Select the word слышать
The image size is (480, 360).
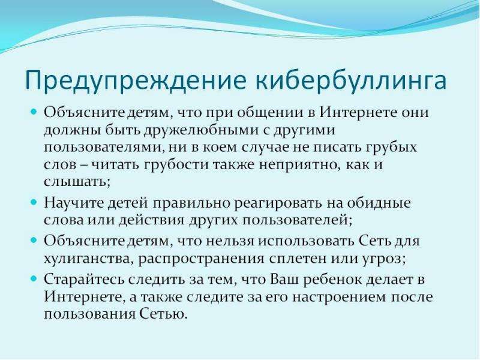[x=77, y=182]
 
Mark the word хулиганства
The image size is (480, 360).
[x=88, y=259]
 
